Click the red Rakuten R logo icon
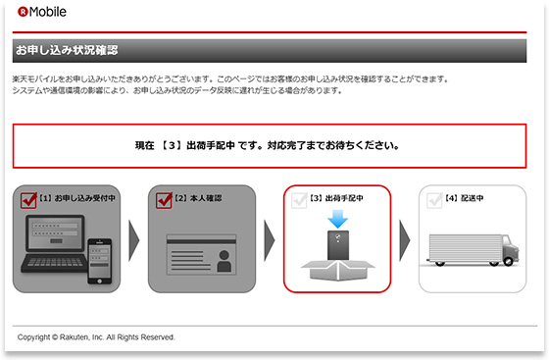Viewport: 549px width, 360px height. click(23, 12)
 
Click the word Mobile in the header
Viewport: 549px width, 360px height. click(48, 12)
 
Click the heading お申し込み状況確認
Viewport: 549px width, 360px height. click(67, 50)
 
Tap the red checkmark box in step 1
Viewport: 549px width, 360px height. click(28, 200)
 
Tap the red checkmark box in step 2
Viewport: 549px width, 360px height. click(164, 200)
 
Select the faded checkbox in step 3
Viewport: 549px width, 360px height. click(299, 200)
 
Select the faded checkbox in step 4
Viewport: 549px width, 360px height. click(434, 200)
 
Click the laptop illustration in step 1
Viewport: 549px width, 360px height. click(54, 243)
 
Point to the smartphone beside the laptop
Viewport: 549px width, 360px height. click(100, 261)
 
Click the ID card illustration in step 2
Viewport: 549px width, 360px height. click(202, 255)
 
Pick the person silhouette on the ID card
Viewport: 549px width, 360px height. click(225, 261)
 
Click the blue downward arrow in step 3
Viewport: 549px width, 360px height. click(338, 219)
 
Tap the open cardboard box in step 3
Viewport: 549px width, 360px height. click(338, 271)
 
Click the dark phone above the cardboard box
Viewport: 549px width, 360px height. click(338, 245)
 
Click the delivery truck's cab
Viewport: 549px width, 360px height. click(511, 249)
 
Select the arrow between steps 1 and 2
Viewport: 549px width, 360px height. click(133, 240)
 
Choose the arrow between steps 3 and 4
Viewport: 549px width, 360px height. click(404, 240)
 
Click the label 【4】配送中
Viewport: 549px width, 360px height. click(464, 198)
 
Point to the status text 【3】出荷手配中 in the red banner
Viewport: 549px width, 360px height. click(197, 145)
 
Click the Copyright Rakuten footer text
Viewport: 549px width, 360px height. click(96, 337)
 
